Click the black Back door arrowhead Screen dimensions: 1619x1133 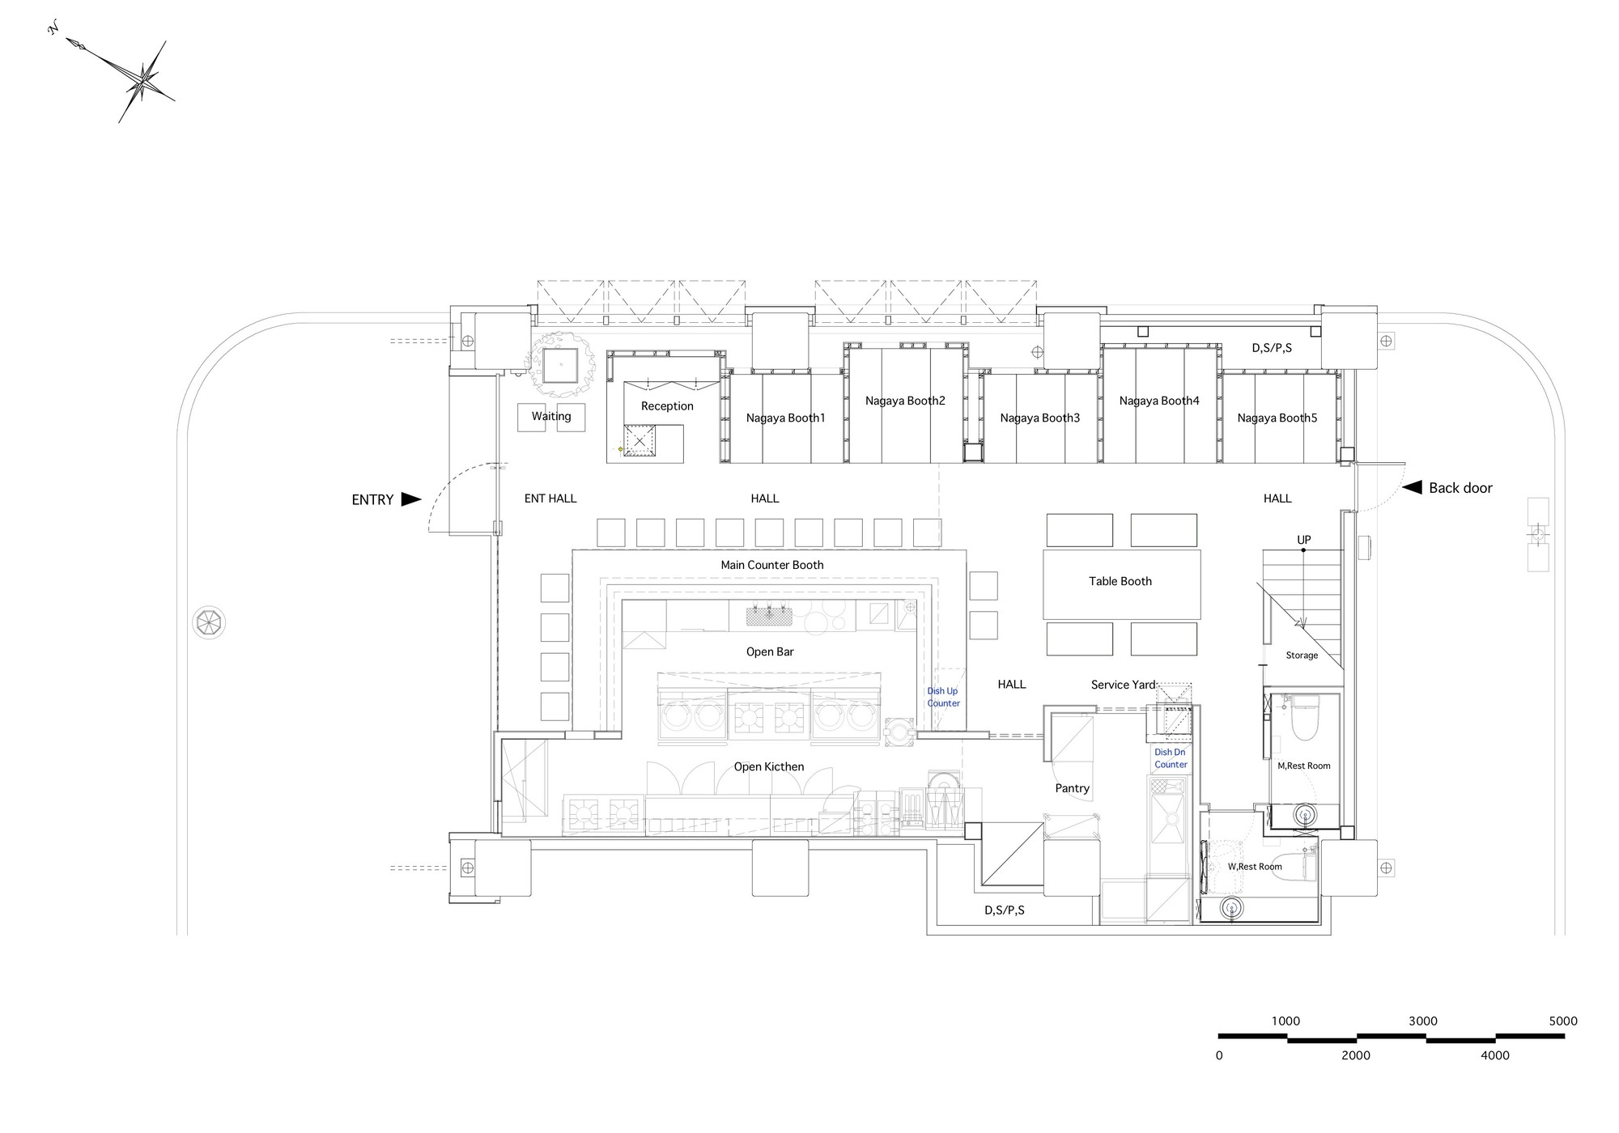click(1412, 487)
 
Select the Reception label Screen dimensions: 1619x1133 click(667, 406)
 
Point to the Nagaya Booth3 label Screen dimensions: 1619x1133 click(1039, 418)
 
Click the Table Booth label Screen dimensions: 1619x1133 click(1120, 581)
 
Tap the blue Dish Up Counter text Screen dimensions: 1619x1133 click(943, 697)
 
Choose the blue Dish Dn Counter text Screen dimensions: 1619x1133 click(1171, 758)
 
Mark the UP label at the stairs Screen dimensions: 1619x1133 click(1303, 540)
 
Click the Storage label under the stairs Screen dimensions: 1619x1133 click(1302, 656)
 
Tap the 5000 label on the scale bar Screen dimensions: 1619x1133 click(1563, 1021)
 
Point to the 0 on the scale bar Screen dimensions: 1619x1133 click(1219, 1055)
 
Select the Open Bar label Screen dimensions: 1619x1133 click(770, 651)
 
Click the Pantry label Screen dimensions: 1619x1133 click(1072, 788)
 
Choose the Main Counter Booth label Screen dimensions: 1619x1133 click(772, 565)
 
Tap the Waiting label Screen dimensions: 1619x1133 click(551, 416)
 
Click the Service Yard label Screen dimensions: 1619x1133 click(1123, 685)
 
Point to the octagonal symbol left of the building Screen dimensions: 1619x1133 click(209, 622)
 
